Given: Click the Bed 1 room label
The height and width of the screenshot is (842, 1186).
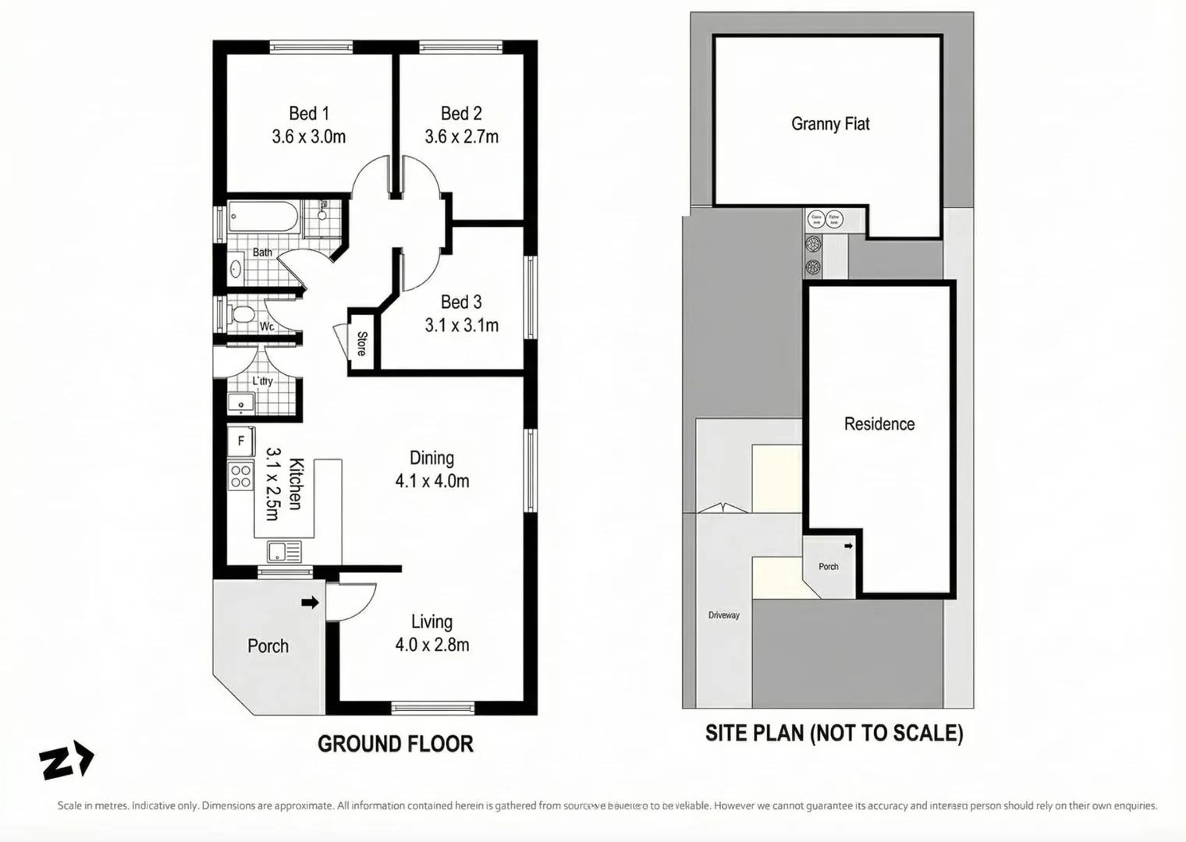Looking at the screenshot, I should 309,114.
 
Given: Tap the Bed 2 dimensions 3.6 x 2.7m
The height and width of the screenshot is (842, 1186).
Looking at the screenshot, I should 461,137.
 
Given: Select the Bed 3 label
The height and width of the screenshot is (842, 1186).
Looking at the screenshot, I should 461,302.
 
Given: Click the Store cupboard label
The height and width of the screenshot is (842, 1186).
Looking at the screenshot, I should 362,344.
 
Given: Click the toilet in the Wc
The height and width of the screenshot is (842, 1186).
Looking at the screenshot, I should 241,315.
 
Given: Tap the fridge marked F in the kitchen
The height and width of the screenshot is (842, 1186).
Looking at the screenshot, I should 241,440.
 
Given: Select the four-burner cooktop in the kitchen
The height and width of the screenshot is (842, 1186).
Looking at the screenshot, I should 240,476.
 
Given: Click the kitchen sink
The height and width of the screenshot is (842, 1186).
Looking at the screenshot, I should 283,552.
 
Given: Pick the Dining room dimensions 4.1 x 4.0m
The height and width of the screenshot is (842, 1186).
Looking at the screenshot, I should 432,481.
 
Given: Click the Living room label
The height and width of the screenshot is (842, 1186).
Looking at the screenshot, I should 431,622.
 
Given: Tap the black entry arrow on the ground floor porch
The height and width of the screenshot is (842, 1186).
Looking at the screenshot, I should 310,602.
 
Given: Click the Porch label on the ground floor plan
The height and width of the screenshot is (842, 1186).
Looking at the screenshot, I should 268,646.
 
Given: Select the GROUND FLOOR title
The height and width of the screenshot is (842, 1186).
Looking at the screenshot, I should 396,744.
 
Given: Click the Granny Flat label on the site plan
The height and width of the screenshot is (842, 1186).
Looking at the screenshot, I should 830,124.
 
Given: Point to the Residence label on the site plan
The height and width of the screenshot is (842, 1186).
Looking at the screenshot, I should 879,424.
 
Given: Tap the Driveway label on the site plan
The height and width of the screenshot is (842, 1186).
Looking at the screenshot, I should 724,615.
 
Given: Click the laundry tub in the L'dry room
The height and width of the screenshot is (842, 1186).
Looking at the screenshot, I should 240,404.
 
